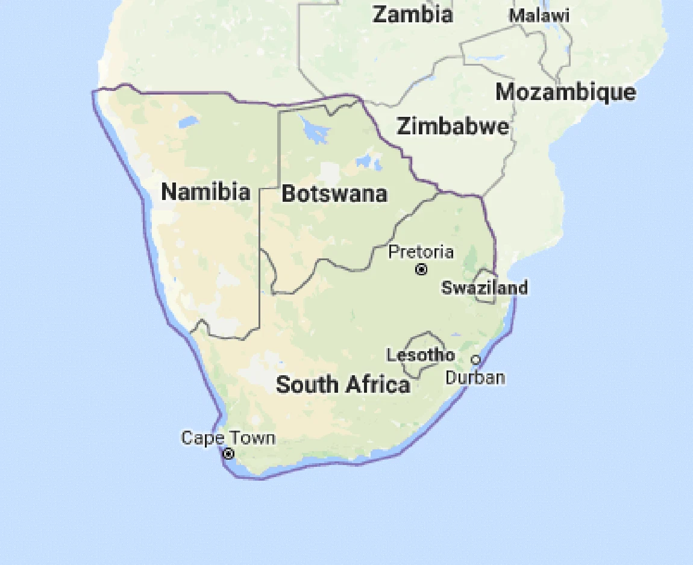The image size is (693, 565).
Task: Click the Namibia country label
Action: point(205,192)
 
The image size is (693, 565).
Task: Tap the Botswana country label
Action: point(334,194)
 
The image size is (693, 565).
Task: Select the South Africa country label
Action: point(343,384)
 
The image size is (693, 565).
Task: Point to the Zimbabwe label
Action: point(452,127)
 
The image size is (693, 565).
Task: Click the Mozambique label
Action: point(565,92)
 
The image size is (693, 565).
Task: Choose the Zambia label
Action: point(413,14)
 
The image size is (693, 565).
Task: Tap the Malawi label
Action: point(539,16)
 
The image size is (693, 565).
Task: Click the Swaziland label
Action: point(484,287)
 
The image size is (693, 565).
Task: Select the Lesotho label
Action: point(421,355)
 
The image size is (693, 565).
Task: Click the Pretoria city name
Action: point(421,251)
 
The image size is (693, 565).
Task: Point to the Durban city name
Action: point(475,378)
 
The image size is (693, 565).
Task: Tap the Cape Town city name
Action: point(228,438)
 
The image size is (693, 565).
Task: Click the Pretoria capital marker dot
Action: point(421,269)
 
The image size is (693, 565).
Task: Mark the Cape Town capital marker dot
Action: point(228,454)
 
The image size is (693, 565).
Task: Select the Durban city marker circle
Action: point(475,360)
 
